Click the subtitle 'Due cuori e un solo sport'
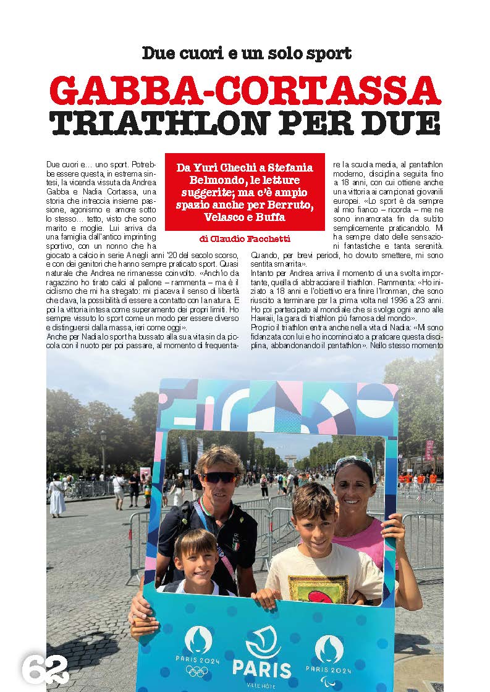click(246, 53)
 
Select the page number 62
click(45, 669)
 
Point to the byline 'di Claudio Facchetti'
click(245, 238)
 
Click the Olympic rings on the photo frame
click(197, 671)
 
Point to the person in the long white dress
click(57, 494)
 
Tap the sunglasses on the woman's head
click(353, 461)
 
